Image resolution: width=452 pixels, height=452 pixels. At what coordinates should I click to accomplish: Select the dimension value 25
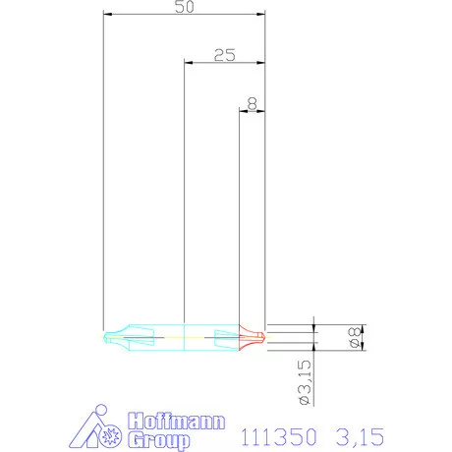[x=223, y=55]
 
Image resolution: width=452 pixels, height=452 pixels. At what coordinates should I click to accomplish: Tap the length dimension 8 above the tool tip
[x=252, y=101]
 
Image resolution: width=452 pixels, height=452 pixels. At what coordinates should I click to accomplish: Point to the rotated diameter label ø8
[x=354, y=337]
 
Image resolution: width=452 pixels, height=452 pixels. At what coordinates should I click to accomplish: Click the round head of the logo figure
[x=98, y=412]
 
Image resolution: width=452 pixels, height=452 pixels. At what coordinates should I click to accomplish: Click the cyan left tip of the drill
[x=107, y=337]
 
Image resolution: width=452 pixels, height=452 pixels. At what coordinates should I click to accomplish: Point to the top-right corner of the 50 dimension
[x=265, y=15]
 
